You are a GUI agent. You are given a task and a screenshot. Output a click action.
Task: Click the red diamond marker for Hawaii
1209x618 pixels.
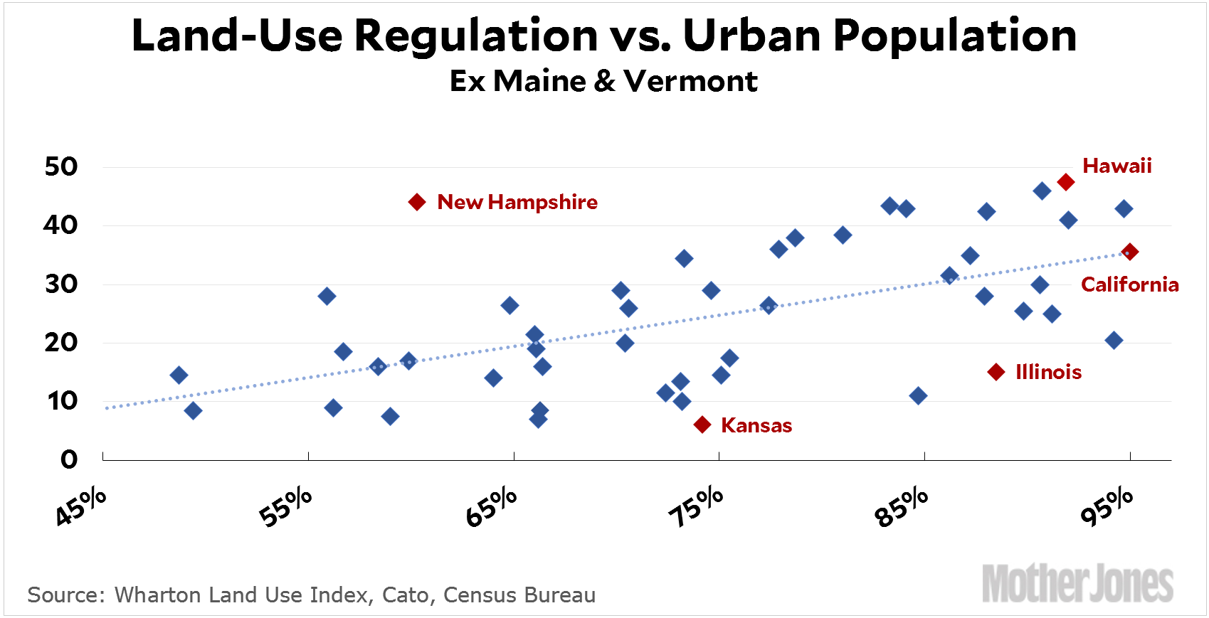[x=1065, y=182]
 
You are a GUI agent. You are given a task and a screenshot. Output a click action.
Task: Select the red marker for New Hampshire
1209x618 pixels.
[x=417, y=202]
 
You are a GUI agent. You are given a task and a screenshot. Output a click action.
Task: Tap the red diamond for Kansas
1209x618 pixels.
[x=702, y=425]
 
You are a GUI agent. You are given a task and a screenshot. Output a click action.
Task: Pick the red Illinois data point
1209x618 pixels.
[x=996, y=372]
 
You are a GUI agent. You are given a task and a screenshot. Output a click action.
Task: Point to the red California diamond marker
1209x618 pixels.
[x=1129, y=252]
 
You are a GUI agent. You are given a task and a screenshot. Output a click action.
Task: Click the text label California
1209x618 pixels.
[x=1129, y=284]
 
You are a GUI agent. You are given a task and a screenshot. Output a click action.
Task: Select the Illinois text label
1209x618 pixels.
[x=1048, y=372]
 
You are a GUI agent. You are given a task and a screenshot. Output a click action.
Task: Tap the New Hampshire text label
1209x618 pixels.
[x=517, y=202]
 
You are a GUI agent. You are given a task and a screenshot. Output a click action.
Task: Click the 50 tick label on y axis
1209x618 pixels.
[x=61, y=166]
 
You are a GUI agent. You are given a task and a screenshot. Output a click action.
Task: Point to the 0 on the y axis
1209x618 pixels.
[x=69, y=459]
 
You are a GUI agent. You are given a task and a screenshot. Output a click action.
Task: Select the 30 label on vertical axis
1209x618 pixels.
[x=61, y=284]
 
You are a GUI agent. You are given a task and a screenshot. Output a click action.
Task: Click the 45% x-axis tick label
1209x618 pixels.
[x=81, y=507]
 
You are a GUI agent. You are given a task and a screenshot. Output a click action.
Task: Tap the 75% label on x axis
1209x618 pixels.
[x=696, y=507]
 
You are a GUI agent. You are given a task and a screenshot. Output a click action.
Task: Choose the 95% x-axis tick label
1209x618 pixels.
[x=1107, y=507]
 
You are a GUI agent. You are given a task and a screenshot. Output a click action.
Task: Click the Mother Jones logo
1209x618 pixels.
[x=1077, y=584]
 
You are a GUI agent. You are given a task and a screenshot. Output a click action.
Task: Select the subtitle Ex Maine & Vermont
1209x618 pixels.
[x=603, y=81]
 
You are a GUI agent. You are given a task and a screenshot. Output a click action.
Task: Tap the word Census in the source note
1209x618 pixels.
[x=478, y=595]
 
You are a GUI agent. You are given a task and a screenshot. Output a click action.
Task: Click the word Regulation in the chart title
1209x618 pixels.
[x=476, y=35]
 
